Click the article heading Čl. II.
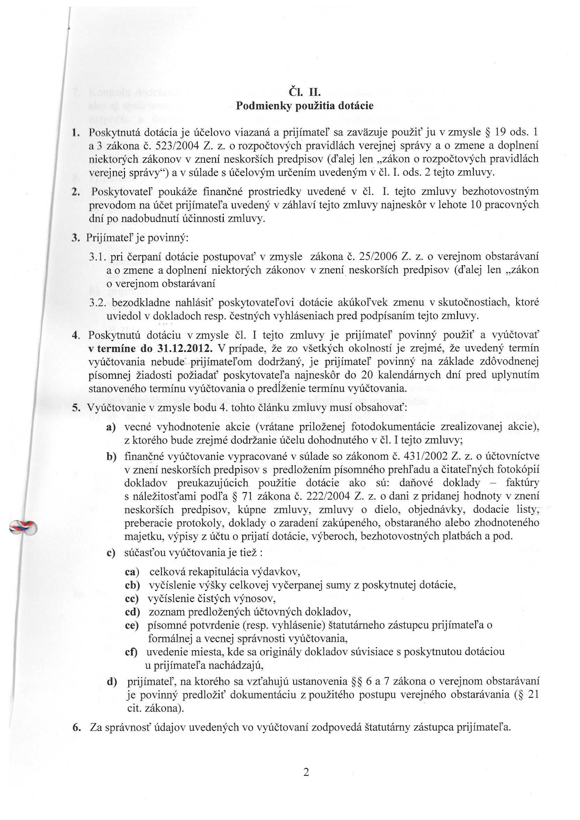[304, 92]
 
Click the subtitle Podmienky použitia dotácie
[305, 106]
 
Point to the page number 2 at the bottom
[306, 773]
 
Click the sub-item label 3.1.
[97, 257]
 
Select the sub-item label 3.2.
[98, 303]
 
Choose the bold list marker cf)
[131, 652]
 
